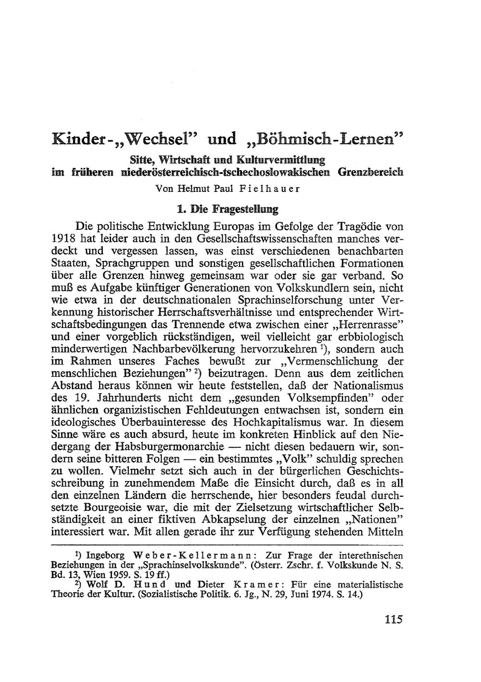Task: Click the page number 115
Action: coord(393,619)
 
